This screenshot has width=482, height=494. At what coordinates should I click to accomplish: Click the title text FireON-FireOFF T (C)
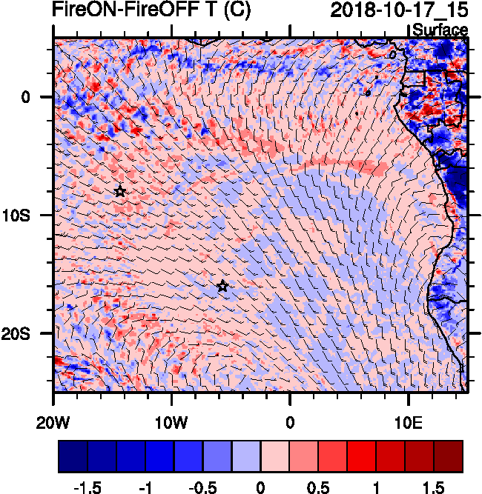click(135, 10)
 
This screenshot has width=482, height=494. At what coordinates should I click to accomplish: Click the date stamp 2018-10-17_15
click(398, 10)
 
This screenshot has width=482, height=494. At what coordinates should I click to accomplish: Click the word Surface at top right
click(440, 30)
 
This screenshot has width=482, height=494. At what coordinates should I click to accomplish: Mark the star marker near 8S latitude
click(120, 191)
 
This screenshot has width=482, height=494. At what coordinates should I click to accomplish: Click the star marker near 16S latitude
click(222, 286)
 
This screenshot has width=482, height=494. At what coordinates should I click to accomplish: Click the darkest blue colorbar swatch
click(73, 456)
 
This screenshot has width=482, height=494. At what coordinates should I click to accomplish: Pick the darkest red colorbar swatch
click(449, 456)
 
